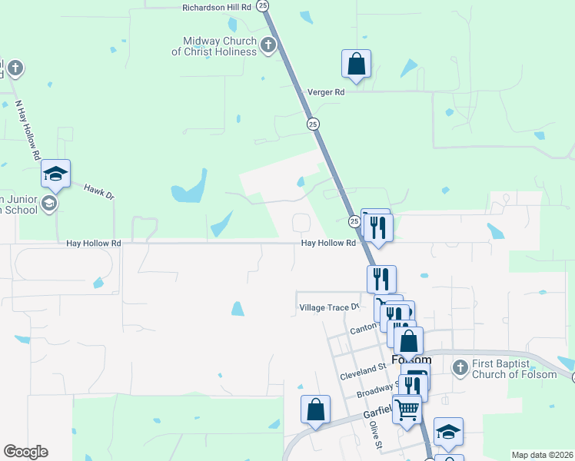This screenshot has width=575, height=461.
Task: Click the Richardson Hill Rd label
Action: coord(218,7)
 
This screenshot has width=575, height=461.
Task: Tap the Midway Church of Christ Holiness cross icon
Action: coord(268,45)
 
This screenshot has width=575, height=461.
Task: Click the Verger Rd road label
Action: coord(326,92)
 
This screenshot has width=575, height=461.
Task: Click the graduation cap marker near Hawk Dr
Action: coord(55,174)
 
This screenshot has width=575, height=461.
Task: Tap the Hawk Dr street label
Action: coord(99,192)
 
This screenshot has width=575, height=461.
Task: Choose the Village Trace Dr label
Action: coord(329,307)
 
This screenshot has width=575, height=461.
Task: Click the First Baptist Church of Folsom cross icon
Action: coord(460,368)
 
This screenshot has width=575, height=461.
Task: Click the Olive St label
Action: coord(374,434)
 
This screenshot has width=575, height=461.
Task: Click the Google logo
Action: coord(25,452)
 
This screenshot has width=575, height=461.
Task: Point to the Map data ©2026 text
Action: coord(541,455)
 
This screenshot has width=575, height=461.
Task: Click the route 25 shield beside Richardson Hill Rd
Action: coord(264,5)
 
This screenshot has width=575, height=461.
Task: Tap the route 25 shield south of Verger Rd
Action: coord(312,124)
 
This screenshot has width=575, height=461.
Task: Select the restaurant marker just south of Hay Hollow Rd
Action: coord(381,279)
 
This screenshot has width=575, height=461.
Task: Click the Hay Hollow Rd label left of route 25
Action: coord(94,244)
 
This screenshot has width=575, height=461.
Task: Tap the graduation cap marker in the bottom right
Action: coord(448,432)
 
